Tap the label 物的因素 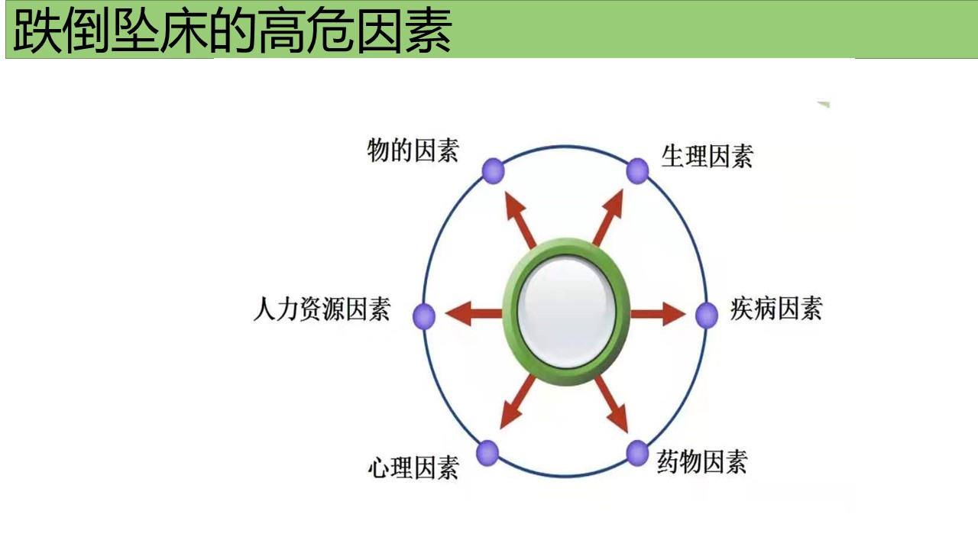coord(413,150)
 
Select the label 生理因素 coord(708,156)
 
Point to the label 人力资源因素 coord(322,309)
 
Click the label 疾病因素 coord(776,308)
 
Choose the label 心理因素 coord(413,467)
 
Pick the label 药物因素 coord(702,461)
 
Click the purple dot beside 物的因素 coord(494,170)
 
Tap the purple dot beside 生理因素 coord(637,170)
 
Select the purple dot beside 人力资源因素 coord(424,315)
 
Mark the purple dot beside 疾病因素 coord(707,315)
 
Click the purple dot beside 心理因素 coord(487,453)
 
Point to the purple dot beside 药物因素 coord(637,453)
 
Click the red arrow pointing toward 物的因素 coord(521,220)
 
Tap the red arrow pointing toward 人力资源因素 coord(474,313)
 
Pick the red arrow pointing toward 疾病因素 coord(658,313)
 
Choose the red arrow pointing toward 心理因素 coord(518,402)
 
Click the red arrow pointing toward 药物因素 coord(611,404)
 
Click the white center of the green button coord(566,312)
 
